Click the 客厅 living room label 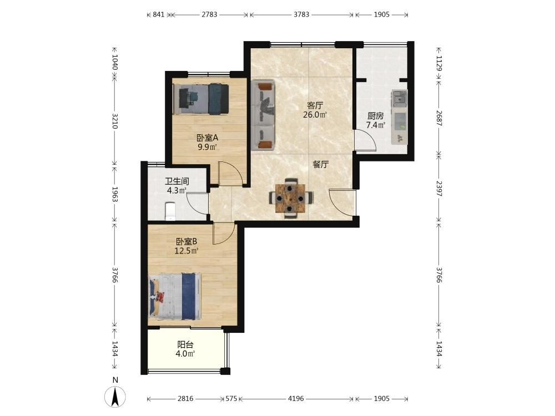[315, 105]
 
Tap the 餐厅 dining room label [321, 164]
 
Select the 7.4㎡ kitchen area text [376, 125]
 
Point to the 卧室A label [207, 138]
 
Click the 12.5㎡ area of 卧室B [186, 251]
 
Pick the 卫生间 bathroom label [177, 181]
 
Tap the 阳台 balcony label [185, 344]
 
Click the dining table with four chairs [291, 198]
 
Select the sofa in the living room [263, 115]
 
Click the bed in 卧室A [201, 99]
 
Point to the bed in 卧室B [175, 296]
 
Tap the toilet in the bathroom [170, 211]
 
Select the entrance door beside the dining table [341, 202]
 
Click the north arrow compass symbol [115, 397]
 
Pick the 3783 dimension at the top [301, 14]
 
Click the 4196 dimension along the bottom [296, 399]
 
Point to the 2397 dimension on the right [439, 189]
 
